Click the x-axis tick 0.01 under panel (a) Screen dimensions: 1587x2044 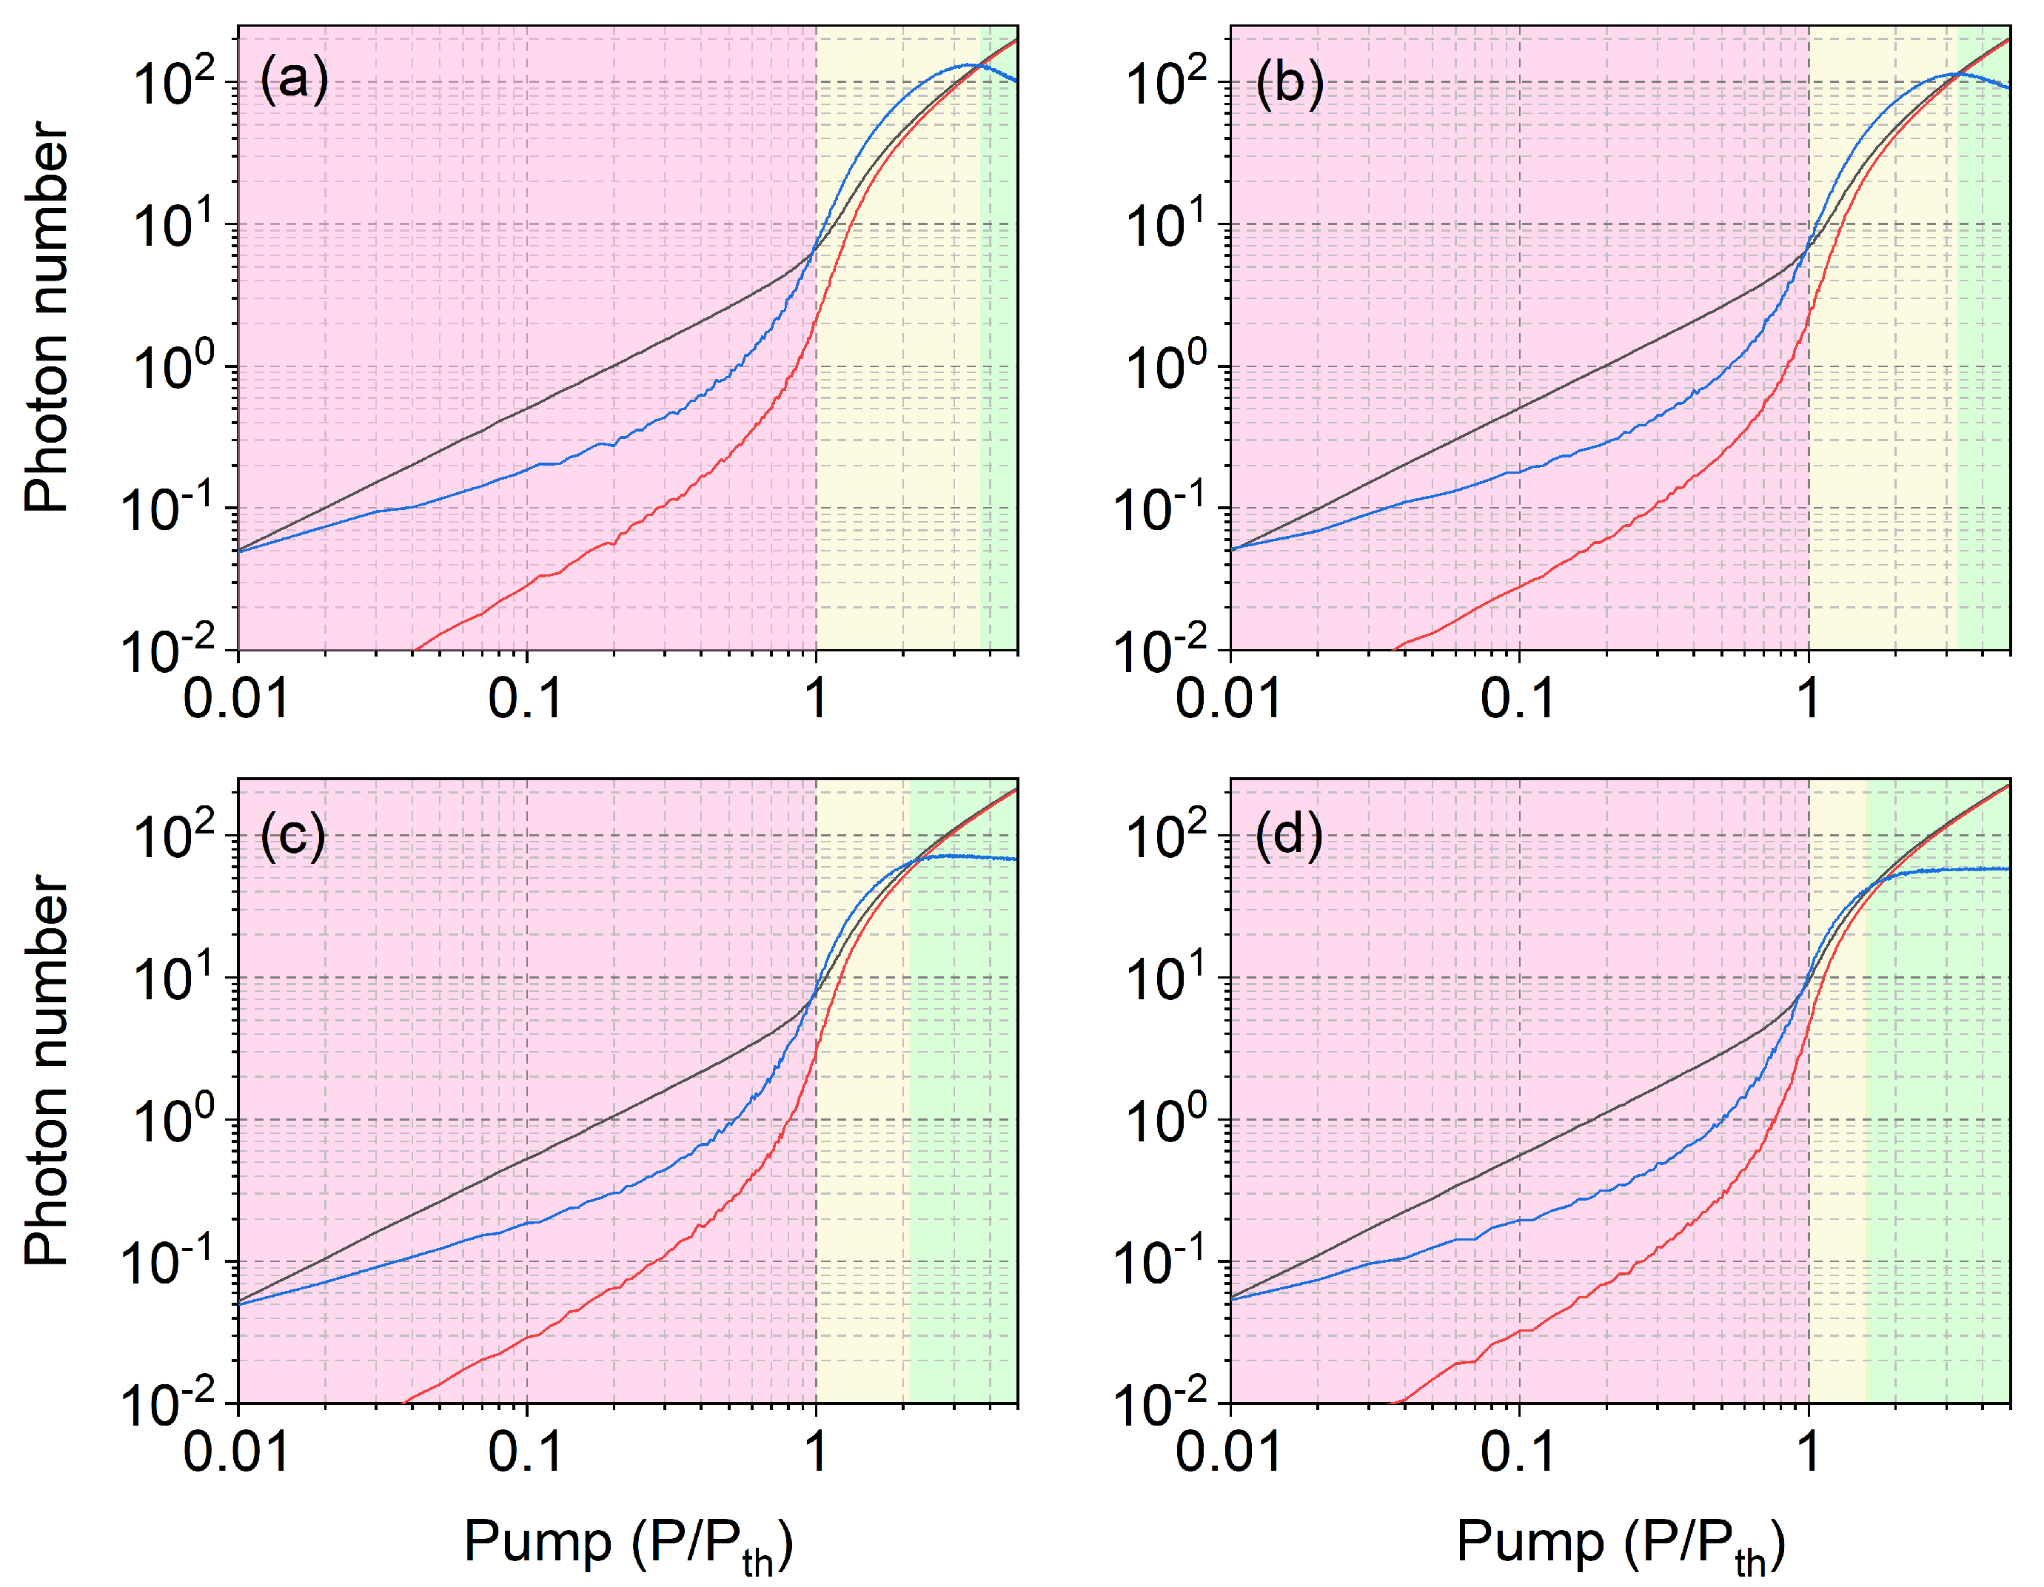coord(236,698)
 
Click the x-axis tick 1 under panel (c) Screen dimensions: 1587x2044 coord(816,1452)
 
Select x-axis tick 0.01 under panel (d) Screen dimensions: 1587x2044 coord(1229,1452)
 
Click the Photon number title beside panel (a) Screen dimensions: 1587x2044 coord(47,318)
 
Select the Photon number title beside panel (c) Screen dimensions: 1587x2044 coord(47,1071)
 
